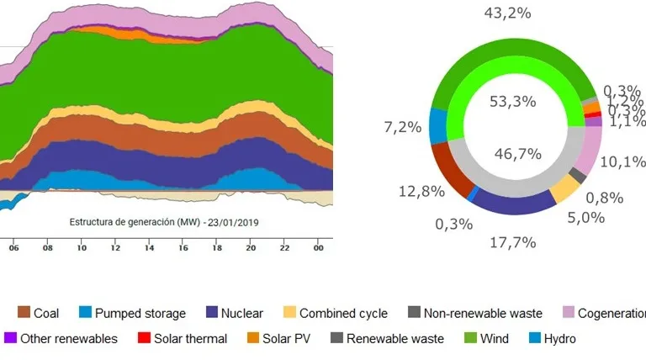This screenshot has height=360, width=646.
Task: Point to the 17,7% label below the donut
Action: (513, 243)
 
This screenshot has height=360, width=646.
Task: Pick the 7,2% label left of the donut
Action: (403, 127)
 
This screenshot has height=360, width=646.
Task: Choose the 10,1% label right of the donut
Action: (624, 161)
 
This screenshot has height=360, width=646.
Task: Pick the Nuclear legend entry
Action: (235, 313)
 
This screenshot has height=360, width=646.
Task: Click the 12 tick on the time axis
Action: (114, 249)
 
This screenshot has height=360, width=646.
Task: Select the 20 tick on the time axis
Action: (250, 249)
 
